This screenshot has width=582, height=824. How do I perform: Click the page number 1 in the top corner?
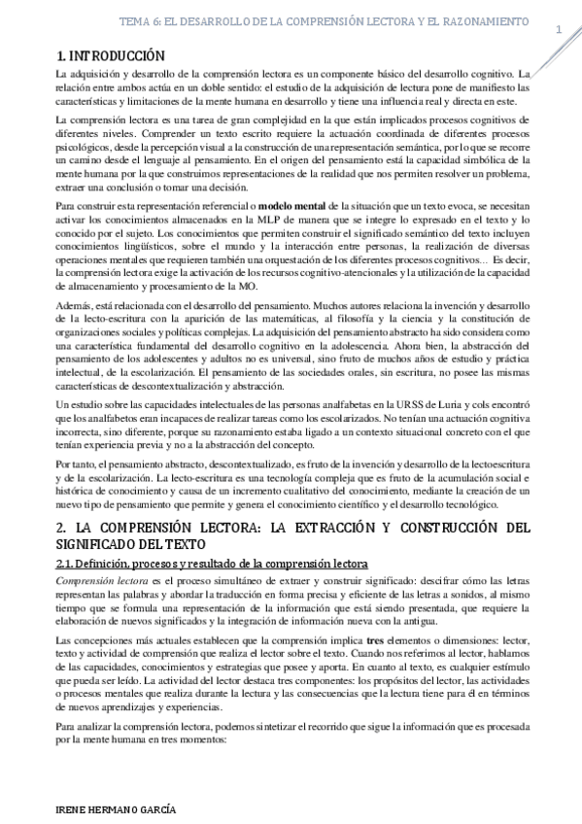pyautogui.click(x=559, y=29)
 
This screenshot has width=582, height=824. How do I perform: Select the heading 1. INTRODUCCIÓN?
pyautogui.click(x=110, y=56)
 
